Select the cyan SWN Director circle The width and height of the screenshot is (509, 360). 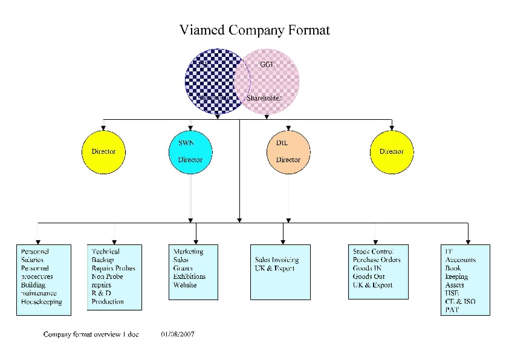coord(190,151)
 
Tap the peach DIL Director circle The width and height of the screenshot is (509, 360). coord(288,151)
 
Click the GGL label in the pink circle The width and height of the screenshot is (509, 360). coord(268,65)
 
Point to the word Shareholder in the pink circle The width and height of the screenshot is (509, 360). coord(264,97)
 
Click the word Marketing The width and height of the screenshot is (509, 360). coord(188,251)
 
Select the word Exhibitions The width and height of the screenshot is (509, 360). coord(189,277)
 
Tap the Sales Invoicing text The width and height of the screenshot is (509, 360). coord(277,260)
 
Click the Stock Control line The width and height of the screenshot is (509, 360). coord(373,251)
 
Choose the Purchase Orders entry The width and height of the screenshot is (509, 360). coord(377,260)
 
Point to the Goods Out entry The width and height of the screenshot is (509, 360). coord(369,277)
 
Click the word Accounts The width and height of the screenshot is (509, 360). coord(460,260)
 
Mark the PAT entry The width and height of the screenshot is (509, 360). coord(452,310)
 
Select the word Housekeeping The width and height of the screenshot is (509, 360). coord(41,301)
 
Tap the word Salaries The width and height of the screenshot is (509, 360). coord(32,260)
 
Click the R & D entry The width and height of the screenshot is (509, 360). coord(100,293)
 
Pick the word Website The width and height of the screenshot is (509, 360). coord(184,285)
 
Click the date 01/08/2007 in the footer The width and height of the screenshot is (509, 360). coord(178,334)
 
